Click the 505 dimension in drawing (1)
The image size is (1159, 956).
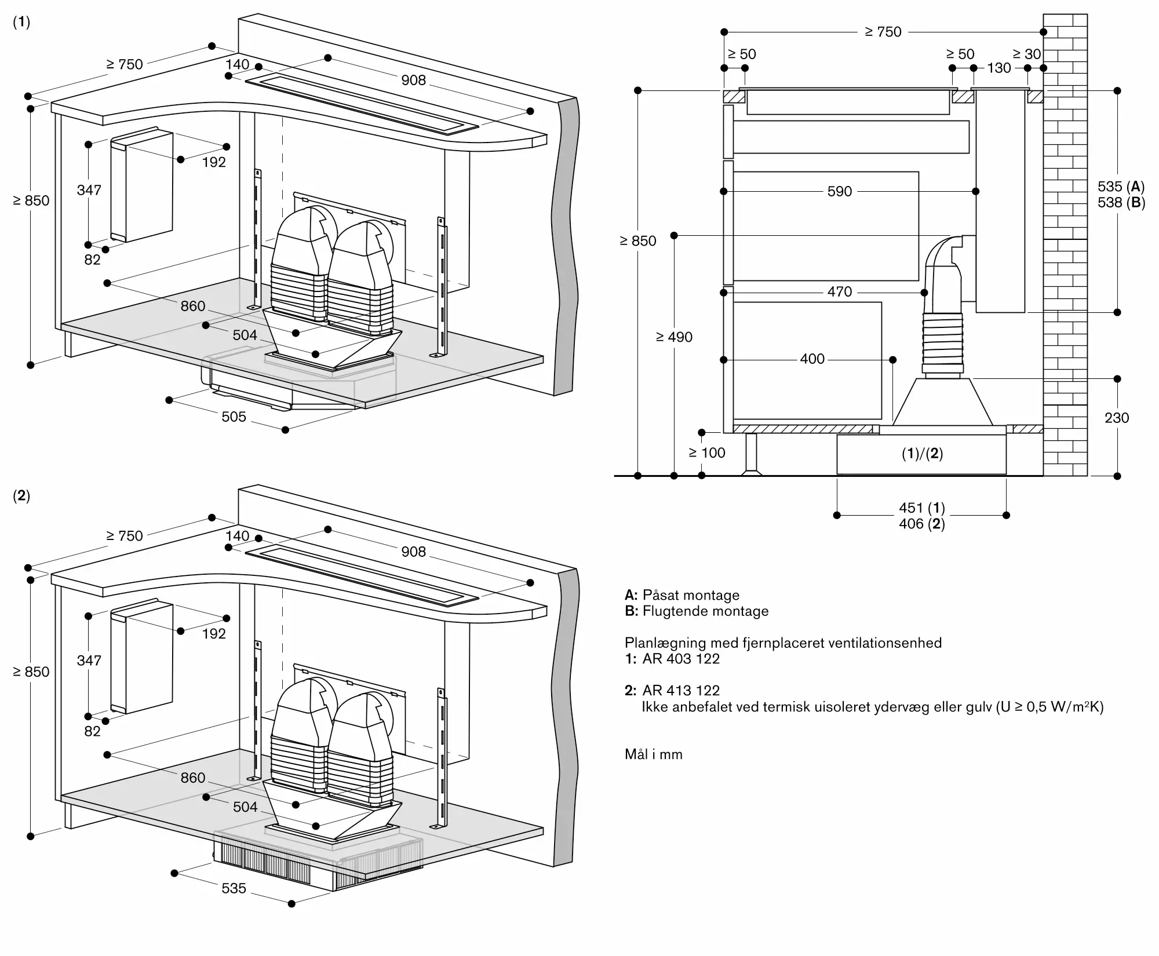tap(234, 417)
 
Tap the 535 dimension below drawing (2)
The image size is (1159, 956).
tap(234, 888)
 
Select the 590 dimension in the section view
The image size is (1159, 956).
tap(839, 191)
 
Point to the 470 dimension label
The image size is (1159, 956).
tap(839, 292)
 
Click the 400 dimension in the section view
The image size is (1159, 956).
tap(812, 359)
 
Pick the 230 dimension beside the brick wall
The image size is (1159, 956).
tap(1116, 418)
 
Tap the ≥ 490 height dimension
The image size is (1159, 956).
tap(674, 337)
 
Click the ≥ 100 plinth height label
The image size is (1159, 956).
tap(706, 453)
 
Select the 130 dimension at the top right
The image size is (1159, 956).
tap(998, 68)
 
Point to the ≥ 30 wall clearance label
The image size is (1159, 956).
tap(1026, 54)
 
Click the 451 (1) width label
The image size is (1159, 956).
tap(921, 508)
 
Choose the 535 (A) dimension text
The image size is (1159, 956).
tap(1121, 187)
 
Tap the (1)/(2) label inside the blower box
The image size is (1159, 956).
tap(922, 454)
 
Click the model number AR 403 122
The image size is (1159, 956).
tap(680, 659)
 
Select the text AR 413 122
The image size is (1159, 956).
tap(680, 691)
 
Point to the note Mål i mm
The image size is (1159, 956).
tap(653, 754)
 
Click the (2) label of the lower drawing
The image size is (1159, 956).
tap(21, 496)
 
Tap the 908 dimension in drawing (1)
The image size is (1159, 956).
tap(413, 80)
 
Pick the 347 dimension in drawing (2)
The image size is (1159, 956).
tap(89, 661)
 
